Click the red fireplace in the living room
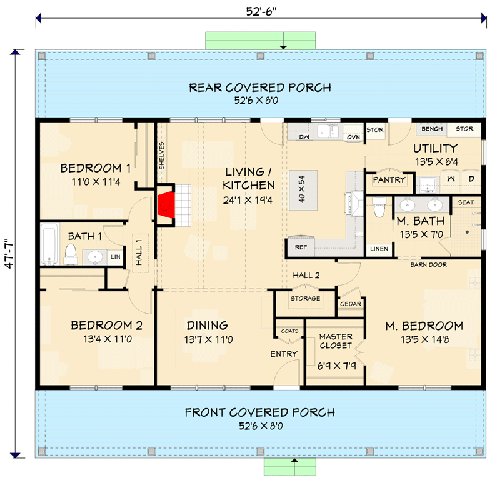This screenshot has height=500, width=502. click(x=166, y=204)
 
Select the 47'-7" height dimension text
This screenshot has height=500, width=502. click(x=8, y=253)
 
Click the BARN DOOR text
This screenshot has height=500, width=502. click(x=428, y=265)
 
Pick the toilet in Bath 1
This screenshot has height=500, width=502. click(x=70, y=252)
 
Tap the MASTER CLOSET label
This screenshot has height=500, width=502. click(x=336, y=341)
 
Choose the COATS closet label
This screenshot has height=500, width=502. click(x=289, y=331)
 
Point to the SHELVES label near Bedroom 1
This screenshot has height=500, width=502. click(x=161, y=155)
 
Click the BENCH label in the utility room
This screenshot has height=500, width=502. click(x=432, y=129)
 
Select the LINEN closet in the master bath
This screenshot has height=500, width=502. click(x=379, y=249)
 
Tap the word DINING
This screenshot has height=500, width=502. click(x=206, y=326)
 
